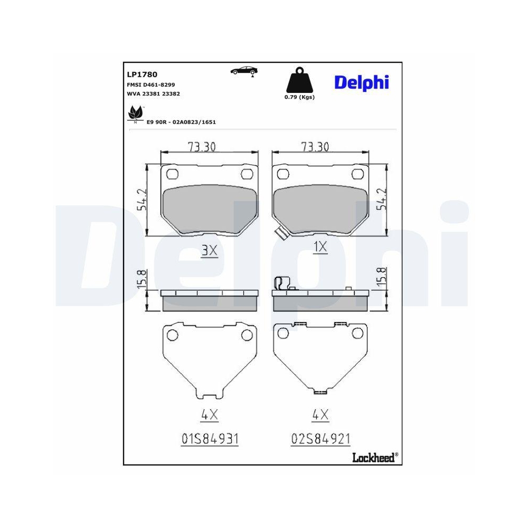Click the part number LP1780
click(142, 74)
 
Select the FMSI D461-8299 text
click(150, 84)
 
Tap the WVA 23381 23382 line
click(153, 93)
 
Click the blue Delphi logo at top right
click(361, 82)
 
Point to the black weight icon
click(299, 80)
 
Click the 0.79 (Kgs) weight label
click(299, 97)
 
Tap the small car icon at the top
click(244, 70)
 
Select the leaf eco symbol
click(135, 113)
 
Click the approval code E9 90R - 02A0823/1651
click(181, 122)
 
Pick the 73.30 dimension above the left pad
click(202, 147)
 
